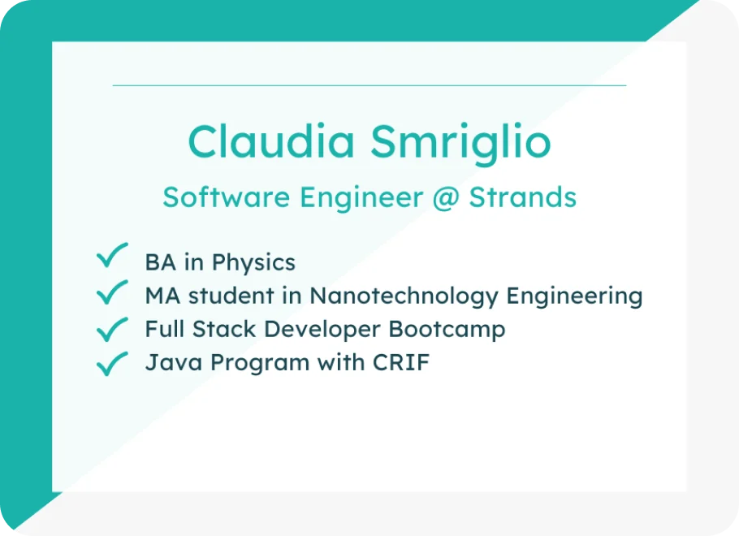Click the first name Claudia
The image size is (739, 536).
tap(271, 141)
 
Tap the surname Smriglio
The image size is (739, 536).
tap(460, 144)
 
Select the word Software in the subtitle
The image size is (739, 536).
tap(227, 197)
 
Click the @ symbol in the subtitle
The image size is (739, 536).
tap(445, 198)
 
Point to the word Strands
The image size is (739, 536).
tap(523, 197)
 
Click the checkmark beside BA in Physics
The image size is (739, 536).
tap(112, 256)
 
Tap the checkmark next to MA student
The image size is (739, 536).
tap(112, 292)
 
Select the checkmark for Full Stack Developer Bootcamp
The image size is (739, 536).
tap(112, 329)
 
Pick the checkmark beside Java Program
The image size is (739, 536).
tap(112, 364)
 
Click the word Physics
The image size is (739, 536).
tap(253, 263)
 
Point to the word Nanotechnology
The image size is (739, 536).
tap(404, 297)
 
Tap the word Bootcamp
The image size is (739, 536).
tap(447, 330)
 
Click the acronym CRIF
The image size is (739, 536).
tap(401, 362)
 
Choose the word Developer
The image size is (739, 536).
tap(322, 330)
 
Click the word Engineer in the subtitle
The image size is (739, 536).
tap(361, 198)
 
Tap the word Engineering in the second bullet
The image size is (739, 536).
tap(574, 297)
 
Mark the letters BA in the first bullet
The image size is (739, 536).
tap(161, 262)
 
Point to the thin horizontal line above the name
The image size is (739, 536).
tap(369, 85)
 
